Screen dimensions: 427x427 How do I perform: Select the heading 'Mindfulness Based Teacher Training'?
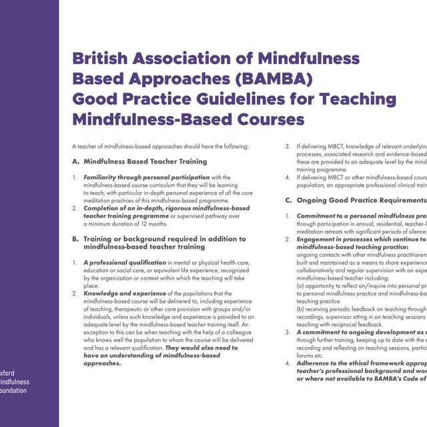pyautogui.click(x=145, y=161)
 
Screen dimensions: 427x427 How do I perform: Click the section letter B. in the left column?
pyautogui.click(x=75, y=238)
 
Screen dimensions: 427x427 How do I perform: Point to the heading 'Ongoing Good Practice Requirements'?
pyautogui.click(x=361, y=199)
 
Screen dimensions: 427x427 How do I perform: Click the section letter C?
pyautogui.click(x=289, y=199)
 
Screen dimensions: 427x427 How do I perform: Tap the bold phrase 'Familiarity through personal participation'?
pyautogui.click(x=146, y=177)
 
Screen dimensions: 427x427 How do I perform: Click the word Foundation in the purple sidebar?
pyautogui.click(x=15, y=390)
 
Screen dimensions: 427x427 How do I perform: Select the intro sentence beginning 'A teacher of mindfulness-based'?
pyautogui.click(x=160, y=145)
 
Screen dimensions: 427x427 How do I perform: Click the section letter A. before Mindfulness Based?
pyautogui.click(x=75, y=161)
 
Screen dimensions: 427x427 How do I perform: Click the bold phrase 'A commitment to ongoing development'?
pyautogui.click(x=360, y=332)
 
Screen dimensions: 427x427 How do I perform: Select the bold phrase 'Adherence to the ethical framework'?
pyautogui.click(x=360, y=363)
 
